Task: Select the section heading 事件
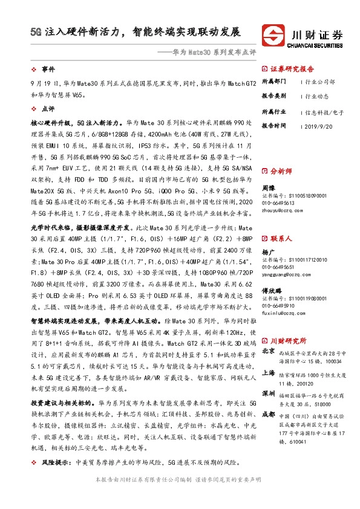48,70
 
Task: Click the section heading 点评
48,109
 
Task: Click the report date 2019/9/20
321,126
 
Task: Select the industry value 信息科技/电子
324,112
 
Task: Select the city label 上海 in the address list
269,373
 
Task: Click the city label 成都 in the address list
269,414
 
